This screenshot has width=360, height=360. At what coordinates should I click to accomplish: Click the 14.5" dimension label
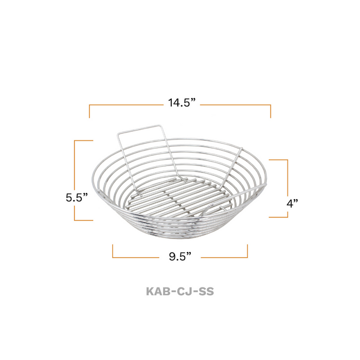(182, 102)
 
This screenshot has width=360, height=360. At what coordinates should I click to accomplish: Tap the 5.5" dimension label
(77, 197)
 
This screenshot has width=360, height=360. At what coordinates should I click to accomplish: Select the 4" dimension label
(292, 203)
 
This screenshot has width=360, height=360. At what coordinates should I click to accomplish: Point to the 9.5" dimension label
(180, 256)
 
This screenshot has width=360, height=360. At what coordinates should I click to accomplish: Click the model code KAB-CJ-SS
(180, 292)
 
